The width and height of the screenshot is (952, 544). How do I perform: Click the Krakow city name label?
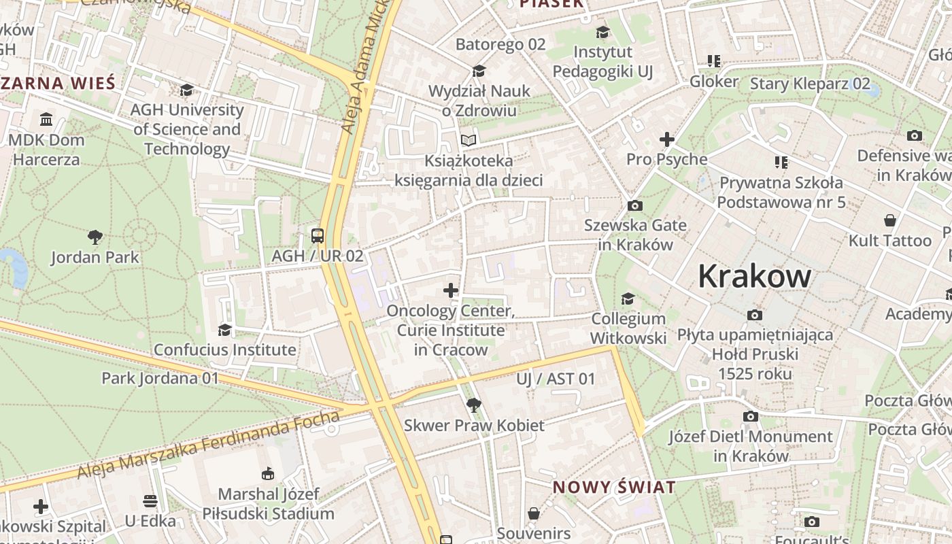(754, 277)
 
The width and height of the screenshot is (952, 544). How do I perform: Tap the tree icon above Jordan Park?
(95, 237)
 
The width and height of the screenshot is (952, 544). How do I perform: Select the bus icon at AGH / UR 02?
(318, 236)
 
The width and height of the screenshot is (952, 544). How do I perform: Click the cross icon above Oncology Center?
(450, 291)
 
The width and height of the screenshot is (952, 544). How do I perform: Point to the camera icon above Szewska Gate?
(634, 205)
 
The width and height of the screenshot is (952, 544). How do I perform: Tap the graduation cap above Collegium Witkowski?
(628, 299)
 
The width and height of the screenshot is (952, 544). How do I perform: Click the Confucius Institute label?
(224, 350)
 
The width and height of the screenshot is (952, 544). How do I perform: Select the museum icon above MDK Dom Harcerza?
(46, 120)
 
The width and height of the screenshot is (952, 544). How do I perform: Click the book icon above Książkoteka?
(468, 141)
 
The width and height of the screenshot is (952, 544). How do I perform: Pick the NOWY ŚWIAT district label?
(614, 487)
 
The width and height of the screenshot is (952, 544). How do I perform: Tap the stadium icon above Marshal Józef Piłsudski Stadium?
(268, 474)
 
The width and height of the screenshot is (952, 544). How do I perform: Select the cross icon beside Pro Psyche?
(666, 140)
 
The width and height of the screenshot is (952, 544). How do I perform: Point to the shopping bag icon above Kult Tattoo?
(889, 220)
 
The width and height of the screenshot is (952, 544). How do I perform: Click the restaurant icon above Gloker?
(713, 61)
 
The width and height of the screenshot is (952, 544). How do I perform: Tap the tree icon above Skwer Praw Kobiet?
(474, 405)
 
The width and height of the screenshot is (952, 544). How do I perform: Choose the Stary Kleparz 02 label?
(809, 84)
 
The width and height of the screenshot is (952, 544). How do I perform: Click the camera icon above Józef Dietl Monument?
(751, 416)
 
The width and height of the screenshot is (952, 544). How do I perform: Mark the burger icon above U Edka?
(150, 501)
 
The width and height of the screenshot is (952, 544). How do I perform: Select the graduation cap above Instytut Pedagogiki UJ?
(602, 32)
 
